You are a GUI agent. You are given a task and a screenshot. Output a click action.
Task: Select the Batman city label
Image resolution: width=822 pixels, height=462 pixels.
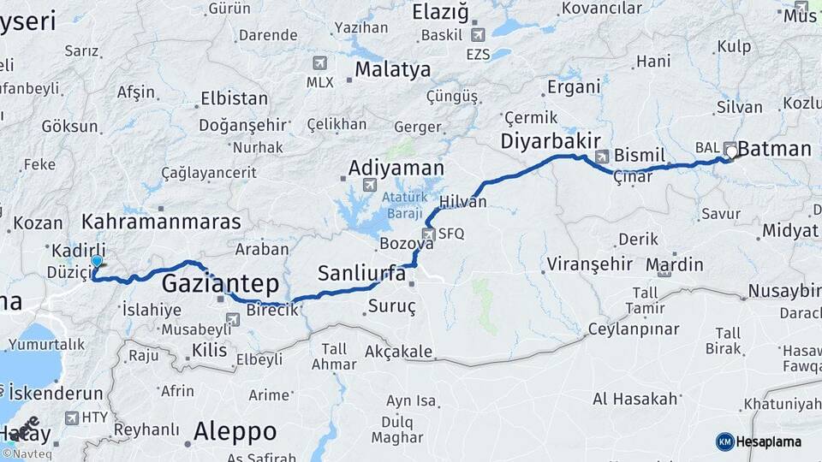click(x=774, y=149)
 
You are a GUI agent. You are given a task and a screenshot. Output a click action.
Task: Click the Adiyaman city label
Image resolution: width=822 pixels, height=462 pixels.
click(x=396, y=167)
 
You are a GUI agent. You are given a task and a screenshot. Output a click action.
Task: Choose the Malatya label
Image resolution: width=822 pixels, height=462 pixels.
click(x=392, y=69)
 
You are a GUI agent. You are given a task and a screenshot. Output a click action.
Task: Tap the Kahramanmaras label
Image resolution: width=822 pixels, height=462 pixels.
click(x=161, y=222)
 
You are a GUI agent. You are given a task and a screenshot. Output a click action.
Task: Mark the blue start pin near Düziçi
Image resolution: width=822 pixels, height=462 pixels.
click(x=97, y=264)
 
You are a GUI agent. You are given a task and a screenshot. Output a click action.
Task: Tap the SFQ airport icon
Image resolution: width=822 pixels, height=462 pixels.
click(x=428, y=234)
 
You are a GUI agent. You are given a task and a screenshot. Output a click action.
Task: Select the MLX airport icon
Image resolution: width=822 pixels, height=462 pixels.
click(x=320, y=62)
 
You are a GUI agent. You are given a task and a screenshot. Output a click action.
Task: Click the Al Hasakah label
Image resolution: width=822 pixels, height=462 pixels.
click(x=635, y=399)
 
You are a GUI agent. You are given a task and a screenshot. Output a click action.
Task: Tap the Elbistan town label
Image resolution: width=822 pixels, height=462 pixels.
click(x=234, y=98)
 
